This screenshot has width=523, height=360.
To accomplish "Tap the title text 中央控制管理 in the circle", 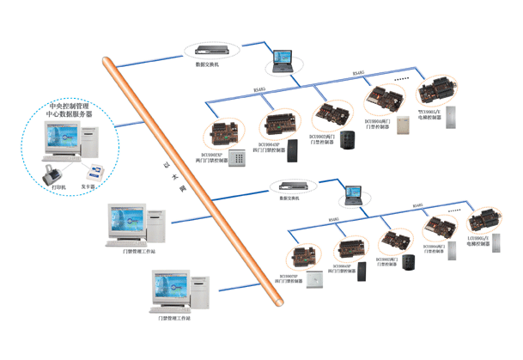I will [70, 108].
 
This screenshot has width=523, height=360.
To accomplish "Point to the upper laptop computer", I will [283, 59].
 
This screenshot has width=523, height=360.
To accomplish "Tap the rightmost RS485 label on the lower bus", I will [417, 206].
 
